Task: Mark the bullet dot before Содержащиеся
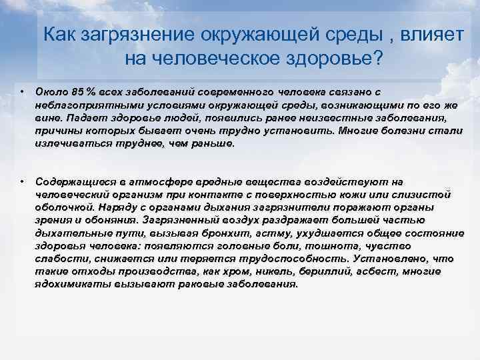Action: (22, 181)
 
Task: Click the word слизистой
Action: (422, 195)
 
